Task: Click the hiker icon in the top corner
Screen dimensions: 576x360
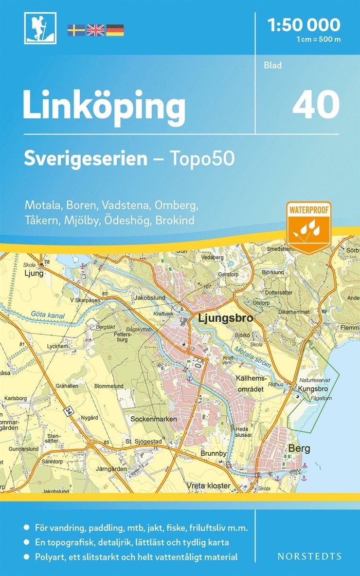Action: tap(40, 28)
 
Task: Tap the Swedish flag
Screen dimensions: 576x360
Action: tap(76, 30)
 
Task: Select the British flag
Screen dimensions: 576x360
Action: tap(95, 30)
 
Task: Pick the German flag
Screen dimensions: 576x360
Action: tap(115, 30)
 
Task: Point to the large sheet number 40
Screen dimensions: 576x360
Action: tap(316, 105)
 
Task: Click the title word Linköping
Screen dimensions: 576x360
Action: tap(104, 107)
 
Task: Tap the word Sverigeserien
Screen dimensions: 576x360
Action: tap(86, 158)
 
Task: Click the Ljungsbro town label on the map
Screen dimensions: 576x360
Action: tap(226, 319)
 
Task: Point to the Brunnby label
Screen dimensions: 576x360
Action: tap(214, 453)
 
